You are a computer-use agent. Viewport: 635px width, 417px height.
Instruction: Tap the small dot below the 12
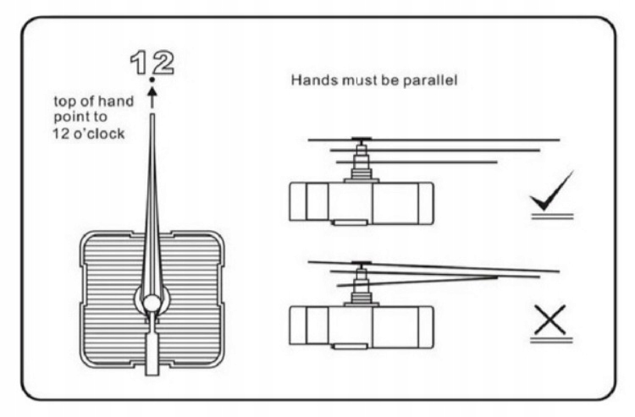152,80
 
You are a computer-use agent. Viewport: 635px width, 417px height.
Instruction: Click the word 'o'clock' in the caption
101,133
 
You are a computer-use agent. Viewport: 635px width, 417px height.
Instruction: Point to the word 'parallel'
429,81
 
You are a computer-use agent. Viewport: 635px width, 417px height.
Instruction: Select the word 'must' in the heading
360,81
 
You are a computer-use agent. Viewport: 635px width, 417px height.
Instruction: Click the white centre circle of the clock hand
152,302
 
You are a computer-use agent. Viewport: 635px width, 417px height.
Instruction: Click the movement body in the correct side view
362,203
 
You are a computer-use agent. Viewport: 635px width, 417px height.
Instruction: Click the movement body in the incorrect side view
362,326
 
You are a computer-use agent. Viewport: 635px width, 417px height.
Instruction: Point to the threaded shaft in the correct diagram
362,160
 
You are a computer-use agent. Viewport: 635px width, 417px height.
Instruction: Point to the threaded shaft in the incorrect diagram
362,284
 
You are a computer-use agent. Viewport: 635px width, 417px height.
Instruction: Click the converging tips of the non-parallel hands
494,276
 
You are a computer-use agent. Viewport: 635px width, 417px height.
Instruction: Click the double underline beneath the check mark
552,217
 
